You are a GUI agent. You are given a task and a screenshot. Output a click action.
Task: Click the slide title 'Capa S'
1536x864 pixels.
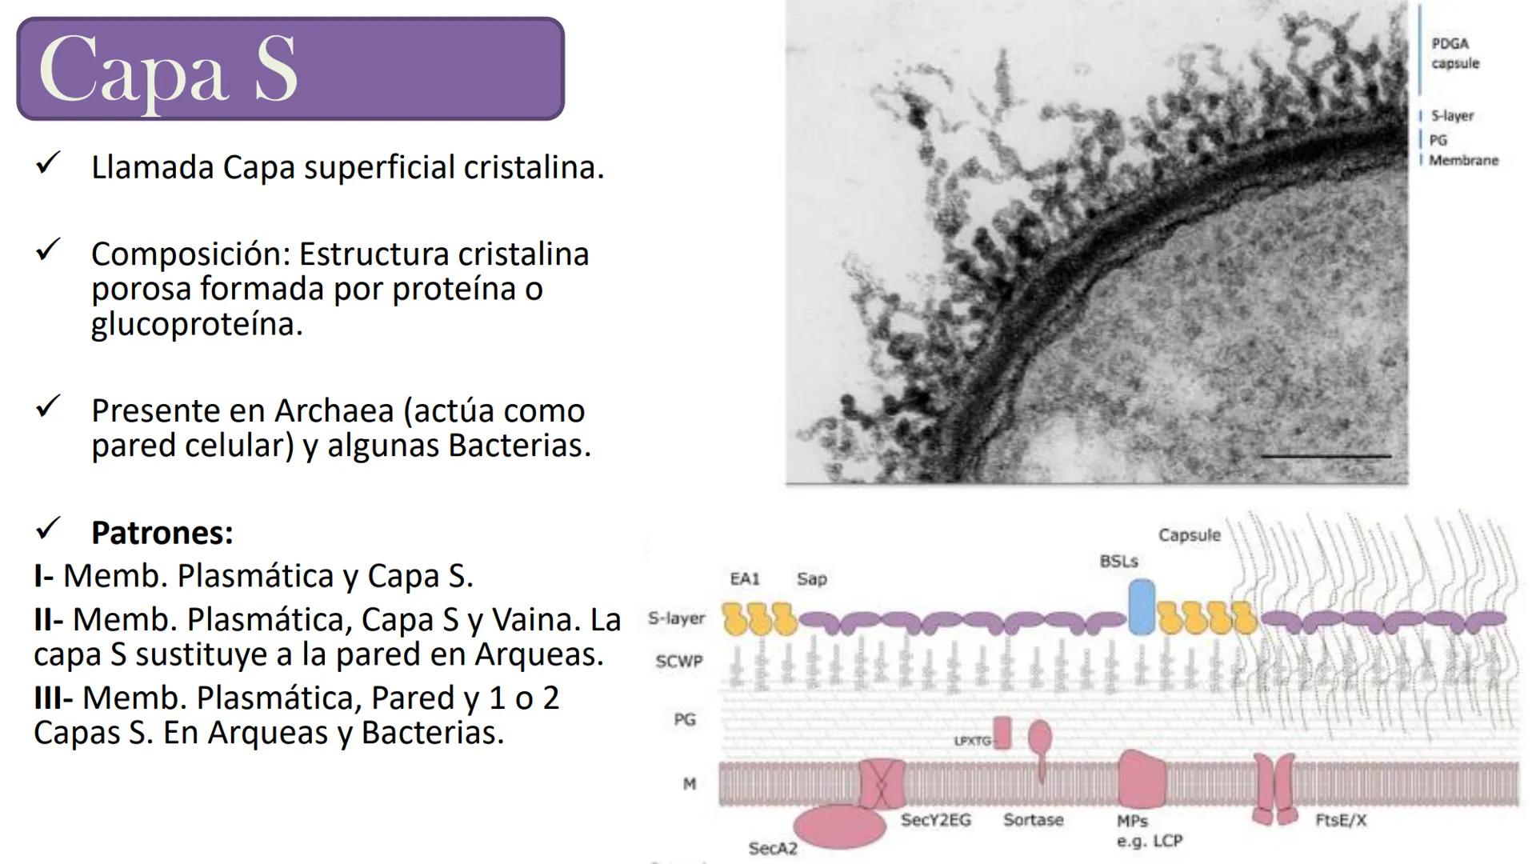pyautogui.click(x=168, y=70)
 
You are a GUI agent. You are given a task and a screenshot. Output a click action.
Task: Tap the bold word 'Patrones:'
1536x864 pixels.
pyautogui.click(x=162, y=533)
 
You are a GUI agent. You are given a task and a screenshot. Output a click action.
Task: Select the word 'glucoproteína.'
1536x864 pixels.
pyautogui.click(x=197, y=324)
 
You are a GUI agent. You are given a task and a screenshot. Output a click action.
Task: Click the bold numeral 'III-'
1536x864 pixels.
pyautogui.click(x=54, y=698)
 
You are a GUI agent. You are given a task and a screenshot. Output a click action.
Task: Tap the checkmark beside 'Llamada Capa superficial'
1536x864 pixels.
pyautogui.click(x=48, y=163)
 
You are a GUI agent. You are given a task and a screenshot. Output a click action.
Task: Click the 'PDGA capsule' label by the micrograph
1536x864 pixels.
pyautogui.click(x=1455, y=54)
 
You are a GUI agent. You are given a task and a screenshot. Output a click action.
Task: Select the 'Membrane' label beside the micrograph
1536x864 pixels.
pyautogui.click(x=1463, y=160)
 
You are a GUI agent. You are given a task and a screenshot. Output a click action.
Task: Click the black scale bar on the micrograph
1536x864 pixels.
pyautogui.click(x=1326, y=456)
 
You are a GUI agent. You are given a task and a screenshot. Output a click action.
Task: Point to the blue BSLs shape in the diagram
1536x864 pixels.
pyautogui.click(x=1142, y=607)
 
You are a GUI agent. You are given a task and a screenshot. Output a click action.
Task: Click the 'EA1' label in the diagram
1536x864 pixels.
pyautogui.click(x=745, y=578)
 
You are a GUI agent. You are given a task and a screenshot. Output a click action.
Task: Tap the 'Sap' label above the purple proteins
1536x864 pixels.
pyautogui.click(x=811, y=579)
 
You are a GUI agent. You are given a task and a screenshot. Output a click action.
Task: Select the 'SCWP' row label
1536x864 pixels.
pyautogui.click(x=679, y=662)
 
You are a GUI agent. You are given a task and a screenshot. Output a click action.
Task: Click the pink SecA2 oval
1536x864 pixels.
pyautogui.click(x=840, y=826)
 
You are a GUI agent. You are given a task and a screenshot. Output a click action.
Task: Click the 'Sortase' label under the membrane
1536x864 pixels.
pyautogui.click(x=1034, y=820)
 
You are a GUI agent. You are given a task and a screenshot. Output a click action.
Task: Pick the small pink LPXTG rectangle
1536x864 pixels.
pyautogui.click(x=1002, y=734)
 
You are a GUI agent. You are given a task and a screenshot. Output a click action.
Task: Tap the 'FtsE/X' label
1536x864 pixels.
pyautogui.click(x=1341, y=820)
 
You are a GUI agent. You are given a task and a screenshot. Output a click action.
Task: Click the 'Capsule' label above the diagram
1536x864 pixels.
pyautogui.click(x=1190, y=535)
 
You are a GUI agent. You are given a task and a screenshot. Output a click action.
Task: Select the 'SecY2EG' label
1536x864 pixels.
pyautogui.click(x=936, y=820)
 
